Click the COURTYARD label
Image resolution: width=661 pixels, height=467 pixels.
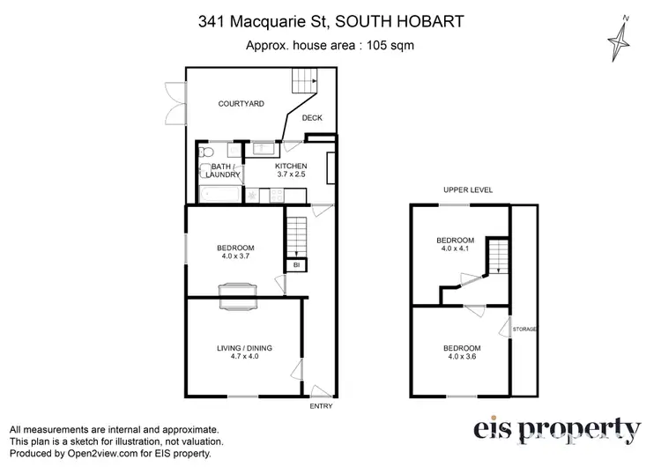[241, 104]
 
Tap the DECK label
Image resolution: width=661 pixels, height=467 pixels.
[312, 118]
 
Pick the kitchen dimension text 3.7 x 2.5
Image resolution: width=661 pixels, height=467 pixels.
[290, 175]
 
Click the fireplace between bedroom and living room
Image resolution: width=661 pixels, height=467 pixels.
[238, 295]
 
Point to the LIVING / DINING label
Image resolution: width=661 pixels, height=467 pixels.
[244, 349]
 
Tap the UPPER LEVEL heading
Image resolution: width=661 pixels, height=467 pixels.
[467, 190]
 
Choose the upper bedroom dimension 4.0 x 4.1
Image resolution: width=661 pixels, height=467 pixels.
[456, 249]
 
